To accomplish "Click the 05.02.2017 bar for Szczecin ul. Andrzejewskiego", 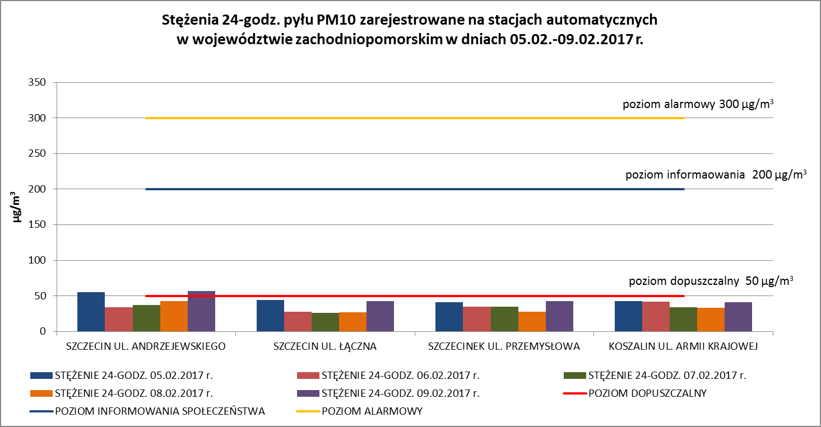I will (91, 312).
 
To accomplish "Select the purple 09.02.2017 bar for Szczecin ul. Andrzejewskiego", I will (201, 311).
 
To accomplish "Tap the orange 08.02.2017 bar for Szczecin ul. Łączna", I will (352, 322).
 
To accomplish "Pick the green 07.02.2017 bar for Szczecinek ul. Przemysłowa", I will (504, 319).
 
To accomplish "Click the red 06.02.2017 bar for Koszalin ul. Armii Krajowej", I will (656, 317).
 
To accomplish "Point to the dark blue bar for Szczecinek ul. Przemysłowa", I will (449, 317).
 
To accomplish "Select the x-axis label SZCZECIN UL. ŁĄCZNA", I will (325, 346).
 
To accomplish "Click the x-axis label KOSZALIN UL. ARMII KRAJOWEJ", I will (683, 346).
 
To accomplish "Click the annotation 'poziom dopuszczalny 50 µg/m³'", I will (711, 281).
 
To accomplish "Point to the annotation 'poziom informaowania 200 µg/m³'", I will (716, 175).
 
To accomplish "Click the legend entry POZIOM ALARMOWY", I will (372, 411).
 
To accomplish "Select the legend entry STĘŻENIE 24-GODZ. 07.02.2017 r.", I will (667, 375).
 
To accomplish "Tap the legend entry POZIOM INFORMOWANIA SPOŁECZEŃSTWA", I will (160, 411).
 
